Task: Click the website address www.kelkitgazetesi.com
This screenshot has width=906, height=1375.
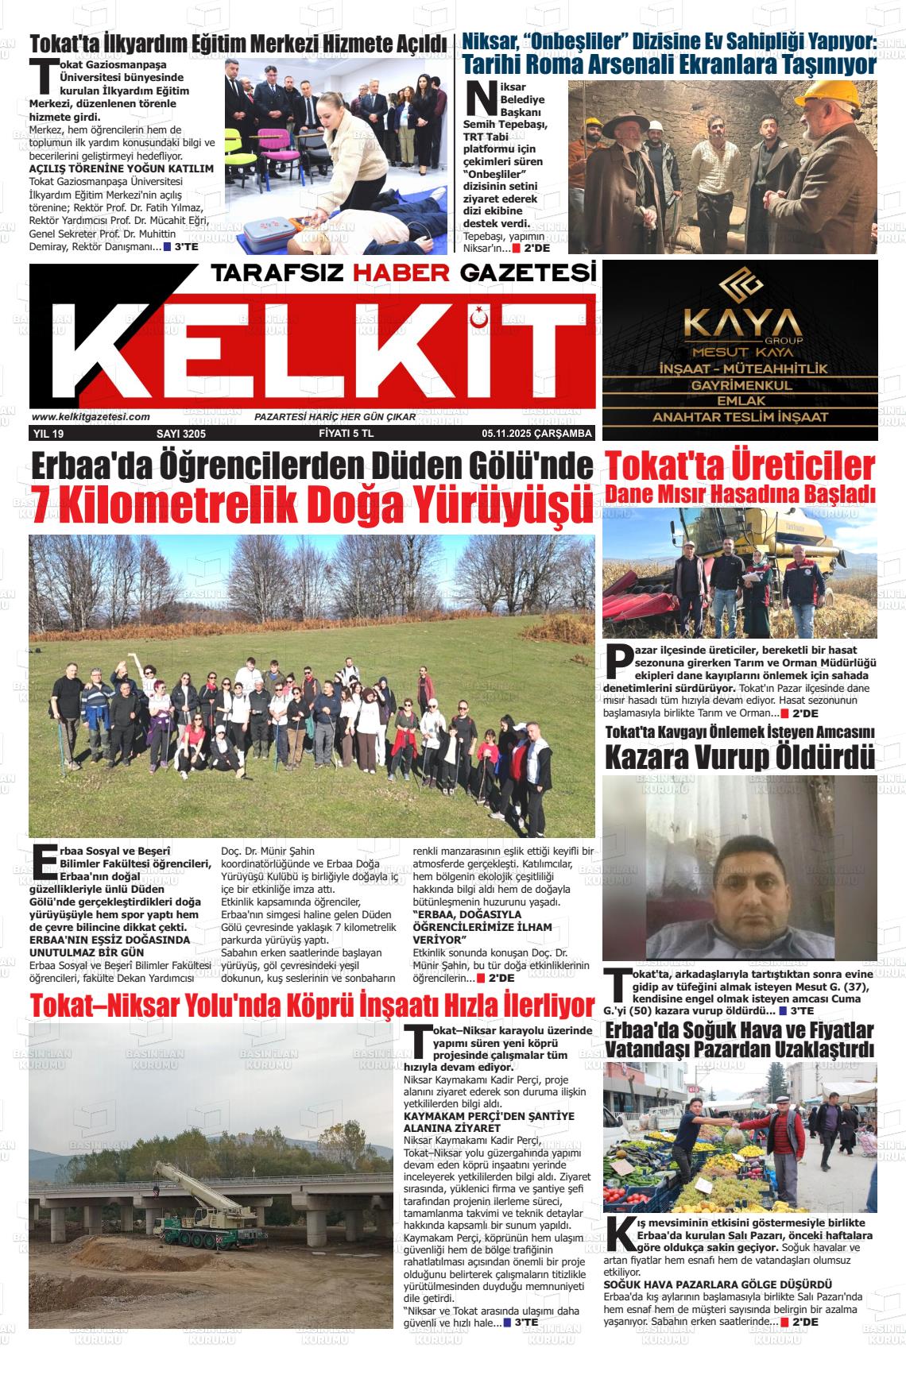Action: (91, 417)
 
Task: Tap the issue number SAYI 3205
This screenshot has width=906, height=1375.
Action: (181, 434)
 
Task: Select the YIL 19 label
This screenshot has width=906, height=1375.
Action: (48, 434)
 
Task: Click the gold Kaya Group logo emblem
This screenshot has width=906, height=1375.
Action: (741, 284)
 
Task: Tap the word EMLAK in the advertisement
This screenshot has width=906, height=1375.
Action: (740, 401)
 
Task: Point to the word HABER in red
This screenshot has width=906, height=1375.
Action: (401, 273)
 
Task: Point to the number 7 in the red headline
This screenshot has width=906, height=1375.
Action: (41, 502)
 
